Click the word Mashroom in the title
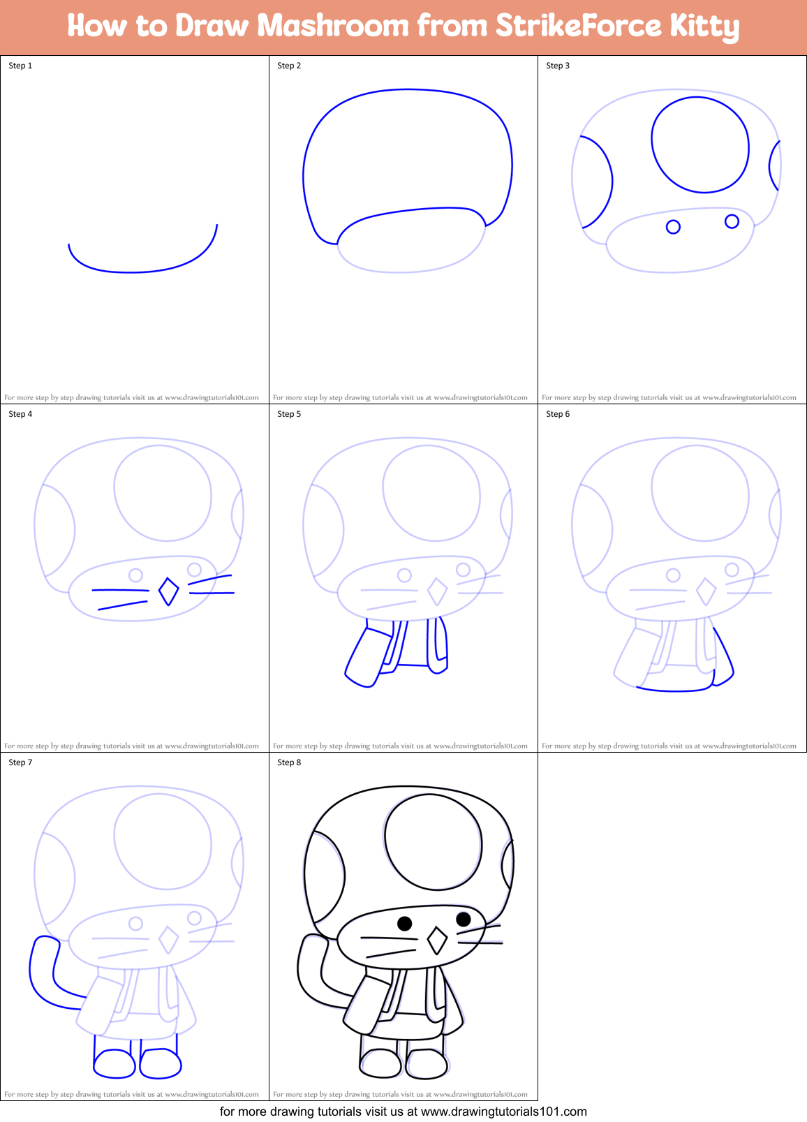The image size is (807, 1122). coord(332,26)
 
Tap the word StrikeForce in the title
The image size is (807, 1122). coord(577,26)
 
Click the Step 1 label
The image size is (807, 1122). coord(20,66)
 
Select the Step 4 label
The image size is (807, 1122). coord(20,414)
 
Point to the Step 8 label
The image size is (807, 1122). coord(289,762)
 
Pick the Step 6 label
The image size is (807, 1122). coord(558,414)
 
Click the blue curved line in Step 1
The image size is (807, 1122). coord(133,272)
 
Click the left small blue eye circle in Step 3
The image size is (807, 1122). coord(673,227)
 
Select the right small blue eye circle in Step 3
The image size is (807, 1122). coord(732,221)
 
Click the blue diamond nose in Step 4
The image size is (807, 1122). coord(168,591)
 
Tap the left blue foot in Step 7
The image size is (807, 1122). coord(114,1064)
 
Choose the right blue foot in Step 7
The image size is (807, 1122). coord(161,1063)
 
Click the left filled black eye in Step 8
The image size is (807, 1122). coord(404,923)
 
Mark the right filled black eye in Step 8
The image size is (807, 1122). coord(463,919)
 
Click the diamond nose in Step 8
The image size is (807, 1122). coord(437,940)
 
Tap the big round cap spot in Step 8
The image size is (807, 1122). coord(434,843)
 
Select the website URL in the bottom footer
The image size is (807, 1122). coord(503,1112)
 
